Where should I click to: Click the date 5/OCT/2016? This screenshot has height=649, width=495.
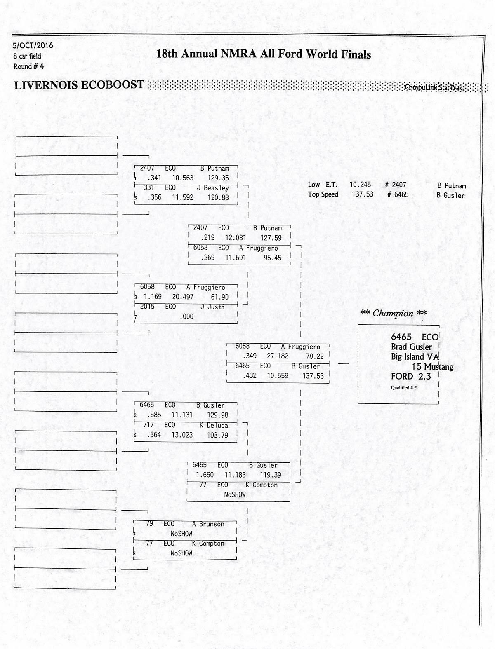pyautogui.click(x=33, y=45)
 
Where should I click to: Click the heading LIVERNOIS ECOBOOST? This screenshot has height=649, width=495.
pyautogui.click(x=79, y=85)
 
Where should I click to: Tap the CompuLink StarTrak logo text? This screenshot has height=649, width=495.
pyautogui.click(x=434, y=87)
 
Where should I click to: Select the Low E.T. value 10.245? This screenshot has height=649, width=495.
pyautogui.click(x=360, y=185)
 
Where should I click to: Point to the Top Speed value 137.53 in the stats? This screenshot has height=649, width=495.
pyautogui.click(x=362, y=194)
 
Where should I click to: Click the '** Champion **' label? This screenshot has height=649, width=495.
pyautogui.click(x=393, y=314)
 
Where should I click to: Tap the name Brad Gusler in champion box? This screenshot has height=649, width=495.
pyautogui.click(x=411, y=347)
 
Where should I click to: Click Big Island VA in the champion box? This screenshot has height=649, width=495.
pyautogui.click(x=415, y=357)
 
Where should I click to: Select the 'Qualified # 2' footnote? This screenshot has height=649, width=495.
pyautogui.click(x=404, y=388)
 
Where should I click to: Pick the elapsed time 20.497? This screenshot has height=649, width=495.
pyautogui.click(x=183, y=297)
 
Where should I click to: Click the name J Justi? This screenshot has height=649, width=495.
pyautogui.click(x=213, y=307)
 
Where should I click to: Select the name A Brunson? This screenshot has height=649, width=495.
pyautogui.click(x=208, y=524)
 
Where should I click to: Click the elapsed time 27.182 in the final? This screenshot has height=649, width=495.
pyautogui.click(x=278, y=356)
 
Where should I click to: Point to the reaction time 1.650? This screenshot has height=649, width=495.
pyautogui.click(x=205, y=475)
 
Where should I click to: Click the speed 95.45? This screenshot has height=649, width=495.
pyautogui.click(x=273, y=258)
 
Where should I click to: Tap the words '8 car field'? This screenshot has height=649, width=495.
pyautogui.click(x=27, y=56)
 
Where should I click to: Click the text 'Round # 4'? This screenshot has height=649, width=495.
pyautogui.click(x=28, y=66)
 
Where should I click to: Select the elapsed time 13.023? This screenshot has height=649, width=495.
pyautogui.click(x=182, y=435)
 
